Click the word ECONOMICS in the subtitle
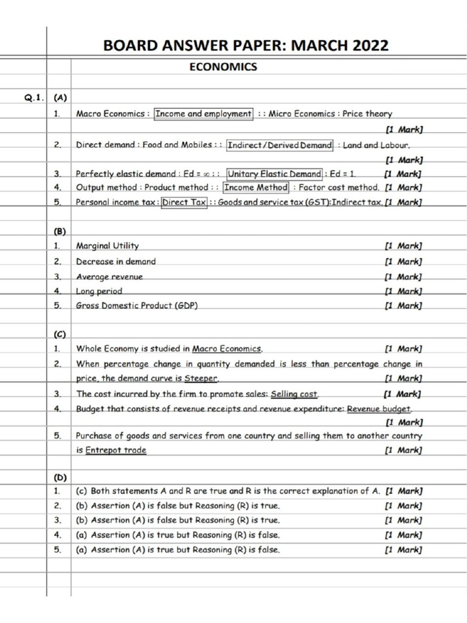click(x=223, y=68)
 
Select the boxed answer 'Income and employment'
click(x=203, y=113)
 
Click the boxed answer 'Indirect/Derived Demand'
click(x=279, y=145)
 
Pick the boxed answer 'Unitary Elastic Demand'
click(x=274, y=174)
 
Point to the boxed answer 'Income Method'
click(x=255, y=188)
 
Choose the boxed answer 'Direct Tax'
click(x=184, y=203)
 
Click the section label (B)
click(x=60, y=231)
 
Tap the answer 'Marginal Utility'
click(x=107, y=246)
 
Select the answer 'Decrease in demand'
click(x=116, y=262)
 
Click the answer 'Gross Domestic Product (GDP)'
click(x=137, y=306)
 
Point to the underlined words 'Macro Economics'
click(x=227, y=349)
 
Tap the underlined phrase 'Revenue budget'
click(x=379, y=409)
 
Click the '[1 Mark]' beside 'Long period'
click(x=403, y=291)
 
